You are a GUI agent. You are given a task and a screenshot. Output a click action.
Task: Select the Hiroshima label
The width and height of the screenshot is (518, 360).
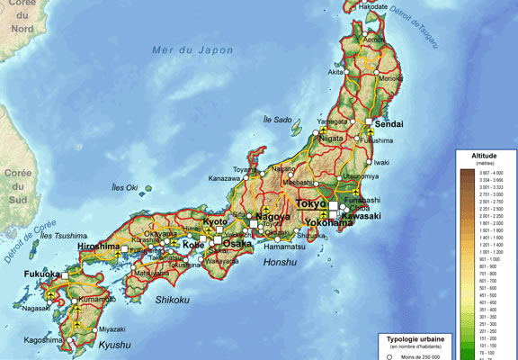click(99, 246)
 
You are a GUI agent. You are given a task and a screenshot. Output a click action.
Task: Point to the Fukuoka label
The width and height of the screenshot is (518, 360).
click(42, 273)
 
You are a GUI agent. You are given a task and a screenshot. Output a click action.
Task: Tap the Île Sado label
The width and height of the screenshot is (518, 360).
click(277, 119)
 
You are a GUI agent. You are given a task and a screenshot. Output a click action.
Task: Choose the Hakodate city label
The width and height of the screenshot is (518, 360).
click(373, 6)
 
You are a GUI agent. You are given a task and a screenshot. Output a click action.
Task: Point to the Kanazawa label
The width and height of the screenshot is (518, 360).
click(224, 178)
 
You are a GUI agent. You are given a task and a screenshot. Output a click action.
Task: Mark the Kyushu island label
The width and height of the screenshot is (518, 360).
click(114, 345)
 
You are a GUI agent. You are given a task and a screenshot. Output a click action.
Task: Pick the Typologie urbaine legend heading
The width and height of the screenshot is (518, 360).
click(418, 338)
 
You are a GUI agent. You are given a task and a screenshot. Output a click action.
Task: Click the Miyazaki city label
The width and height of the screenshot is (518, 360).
click(112, 329)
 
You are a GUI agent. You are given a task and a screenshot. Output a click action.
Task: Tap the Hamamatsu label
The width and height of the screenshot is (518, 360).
click(285, 246)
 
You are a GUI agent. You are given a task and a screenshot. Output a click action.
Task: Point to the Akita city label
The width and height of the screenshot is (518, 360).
click(335, 71)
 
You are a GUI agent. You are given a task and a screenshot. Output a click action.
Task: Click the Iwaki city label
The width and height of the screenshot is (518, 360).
click(381, 162)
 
